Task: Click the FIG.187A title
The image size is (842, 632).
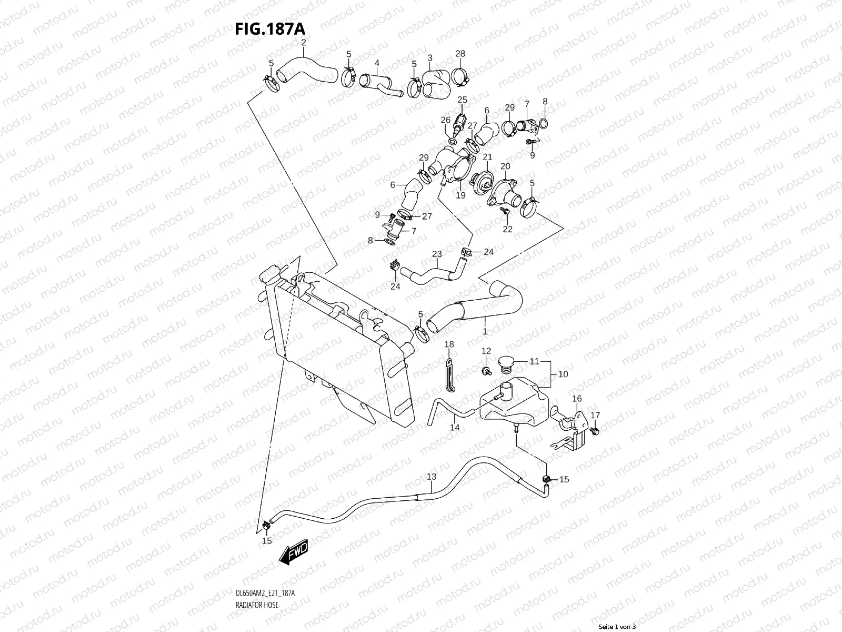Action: pos(270,29)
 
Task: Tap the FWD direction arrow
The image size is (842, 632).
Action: pos(294,551)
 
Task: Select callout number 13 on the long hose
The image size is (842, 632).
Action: pos(432,477)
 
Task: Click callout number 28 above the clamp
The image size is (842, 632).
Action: pos(460,54)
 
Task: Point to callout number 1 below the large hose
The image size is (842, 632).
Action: pos(485,331)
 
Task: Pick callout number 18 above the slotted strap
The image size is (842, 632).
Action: pos(449,344)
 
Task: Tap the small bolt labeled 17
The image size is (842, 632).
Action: pos(595,431)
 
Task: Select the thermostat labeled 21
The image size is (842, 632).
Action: pos(480,181)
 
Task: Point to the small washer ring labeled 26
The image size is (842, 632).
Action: pos(453,142)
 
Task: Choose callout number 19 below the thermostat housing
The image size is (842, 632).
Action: pos(460,195)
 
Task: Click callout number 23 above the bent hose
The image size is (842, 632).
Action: pos(437,254)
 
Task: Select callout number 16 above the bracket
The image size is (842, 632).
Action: pos(577,399)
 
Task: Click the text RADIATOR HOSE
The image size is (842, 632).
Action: pos(257,605)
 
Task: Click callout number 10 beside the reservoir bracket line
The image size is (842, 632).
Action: pos(563,374)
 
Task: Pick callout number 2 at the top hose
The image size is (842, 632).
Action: pos(304,42)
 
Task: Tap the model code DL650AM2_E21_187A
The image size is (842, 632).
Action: pos(265,593)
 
